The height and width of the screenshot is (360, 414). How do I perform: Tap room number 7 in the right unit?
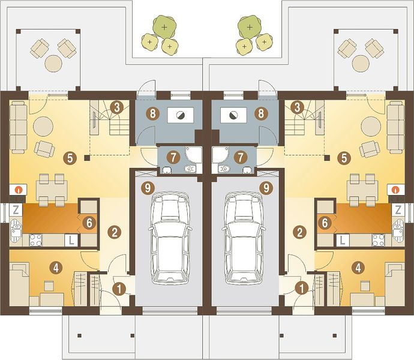pos(240,158)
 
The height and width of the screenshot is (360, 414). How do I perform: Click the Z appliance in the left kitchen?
pos(16,210)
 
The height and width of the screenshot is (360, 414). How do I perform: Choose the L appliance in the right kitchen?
pos(343,241)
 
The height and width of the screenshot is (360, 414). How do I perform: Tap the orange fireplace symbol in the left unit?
pos(18,189)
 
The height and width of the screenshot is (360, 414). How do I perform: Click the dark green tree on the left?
pos(164,26)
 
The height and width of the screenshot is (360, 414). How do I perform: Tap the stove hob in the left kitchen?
pos(35,240)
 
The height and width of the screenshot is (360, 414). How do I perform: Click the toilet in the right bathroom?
pos(224,168)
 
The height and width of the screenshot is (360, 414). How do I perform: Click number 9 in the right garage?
pos(266,188)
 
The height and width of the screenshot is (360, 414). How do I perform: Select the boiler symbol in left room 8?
pos(181,115)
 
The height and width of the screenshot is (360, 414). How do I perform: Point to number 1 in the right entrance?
pos(302,289)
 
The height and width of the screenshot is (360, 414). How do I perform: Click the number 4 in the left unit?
pos(56,268)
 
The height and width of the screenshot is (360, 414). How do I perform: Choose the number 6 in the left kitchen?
pos(89,223)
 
